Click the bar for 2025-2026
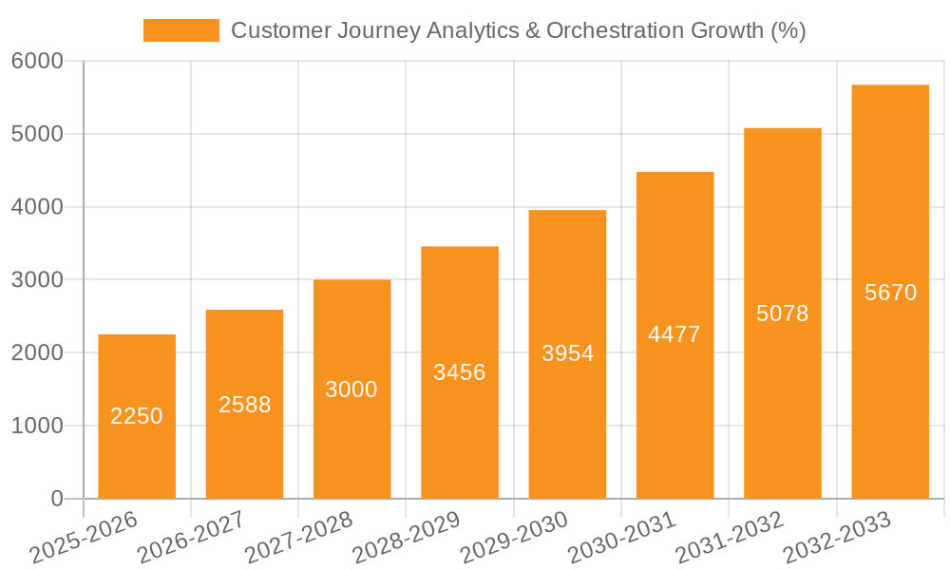click(137, 456)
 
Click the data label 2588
click(244, 405)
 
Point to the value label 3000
click(351, 389)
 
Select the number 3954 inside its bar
click(567, 353)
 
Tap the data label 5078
click(782, 313)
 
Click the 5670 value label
click(890, 293)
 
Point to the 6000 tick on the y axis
click(37, 62)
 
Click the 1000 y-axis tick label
click(37, 427)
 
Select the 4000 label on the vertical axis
click(37, 207)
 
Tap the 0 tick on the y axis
click(56, 500)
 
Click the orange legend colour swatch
click(180, 30)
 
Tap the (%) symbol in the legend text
click(788, 30)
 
